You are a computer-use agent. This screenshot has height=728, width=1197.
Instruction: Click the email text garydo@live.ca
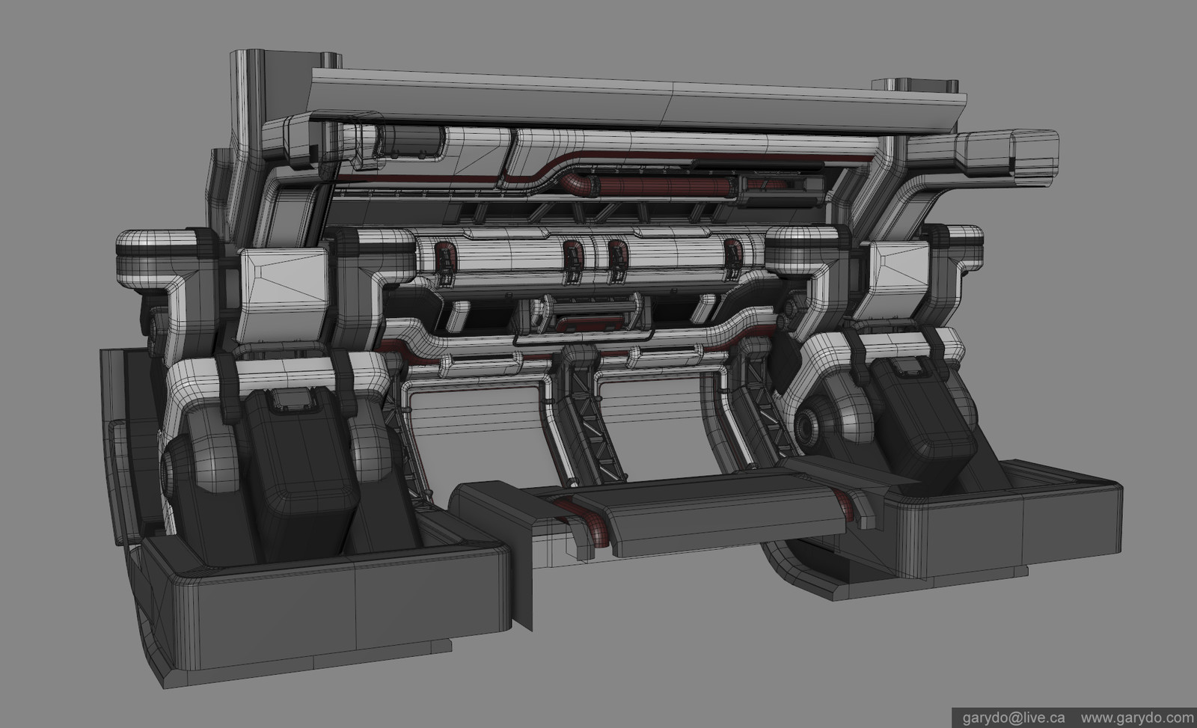point(1007,717)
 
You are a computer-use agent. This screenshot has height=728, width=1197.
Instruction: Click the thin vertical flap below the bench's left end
point(524,576)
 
